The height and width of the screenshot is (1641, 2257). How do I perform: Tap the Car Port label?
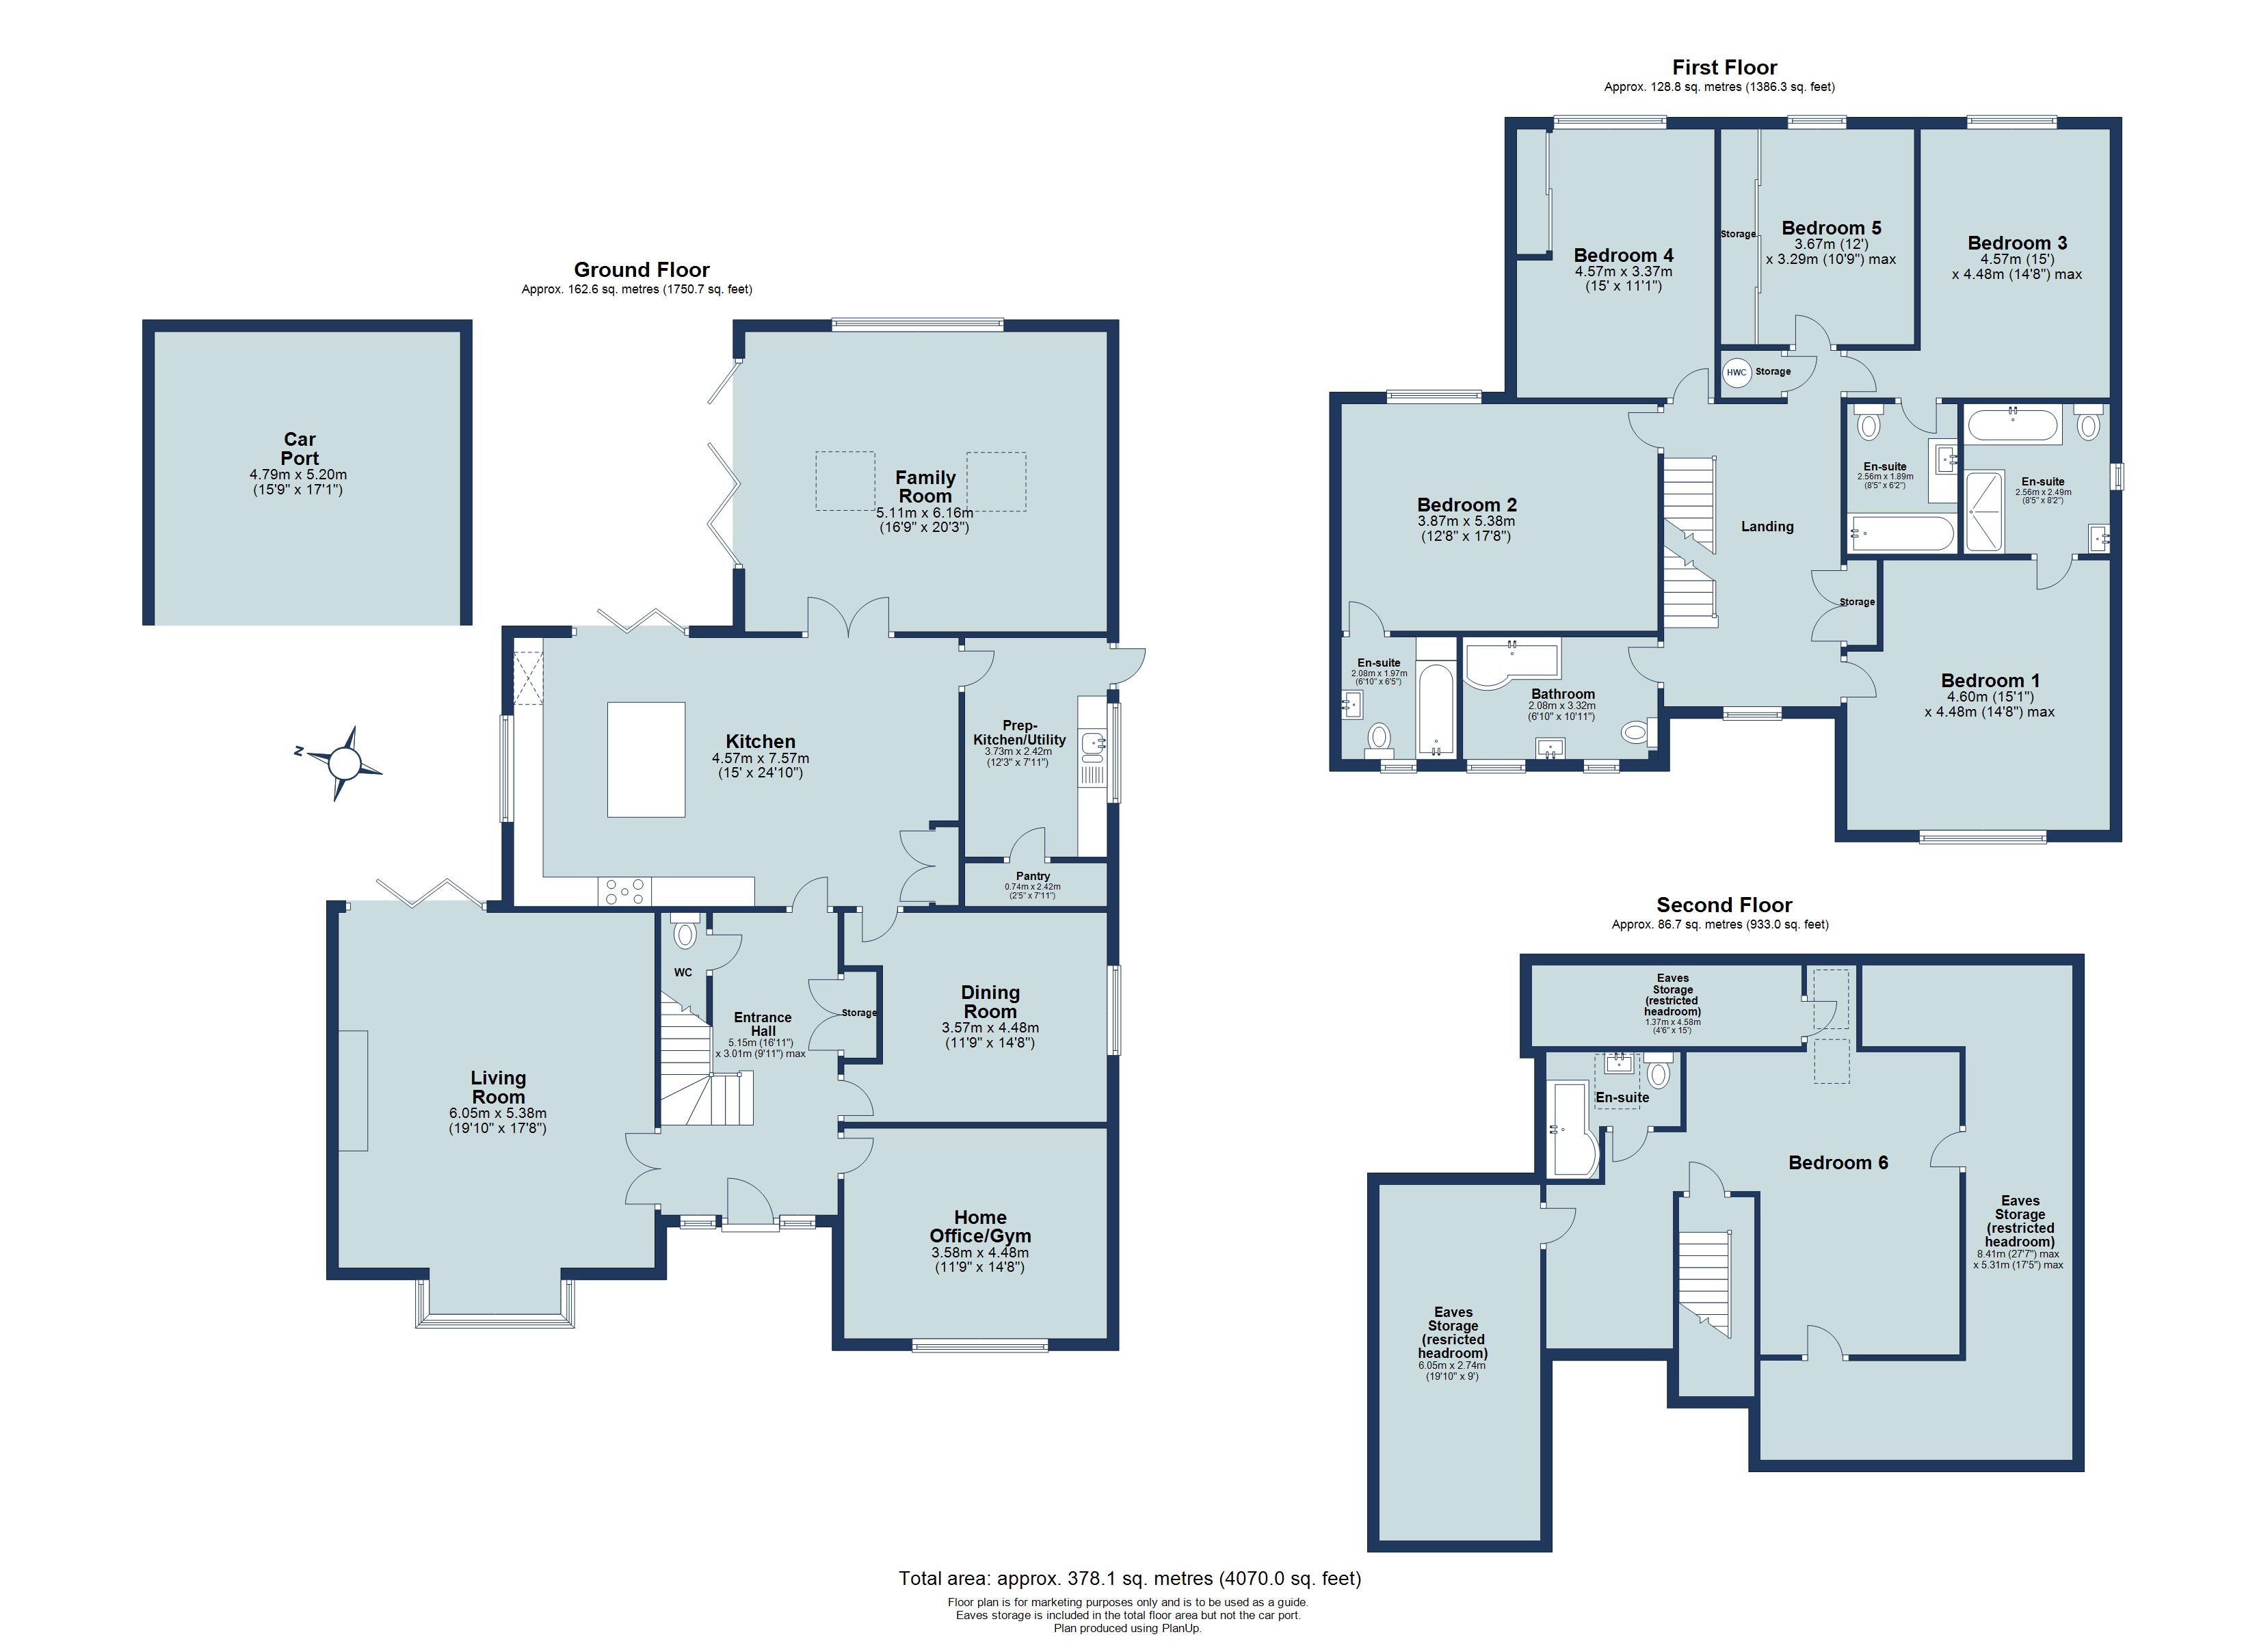300,449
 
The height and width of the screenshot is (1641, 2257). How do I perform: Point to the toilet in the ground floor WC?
685,933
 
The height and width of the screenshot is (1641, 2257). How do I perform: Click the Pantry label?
1033,877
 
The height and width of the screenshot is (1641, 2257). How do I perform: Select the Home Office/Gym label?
980,1226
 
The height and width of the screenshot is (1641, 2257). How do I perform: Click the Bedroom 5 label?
1831,228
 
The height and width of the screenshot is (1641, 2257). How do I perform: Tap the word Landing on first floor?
1767,526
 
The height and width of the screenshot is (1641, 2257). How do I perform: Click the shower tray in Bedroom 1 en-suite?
1983,511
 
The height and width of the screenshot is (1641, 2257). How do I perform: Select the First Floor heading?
1725,68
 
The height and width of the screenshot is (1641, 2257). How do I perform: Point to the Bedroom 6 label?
1838,1162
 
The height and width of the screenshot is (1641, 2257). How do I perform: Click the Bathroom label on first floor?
1562,693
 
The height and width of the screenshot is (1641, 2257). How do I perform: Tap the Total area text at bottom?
1129,1578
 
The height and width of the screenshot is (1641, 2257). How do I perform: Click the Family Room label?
925,487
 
